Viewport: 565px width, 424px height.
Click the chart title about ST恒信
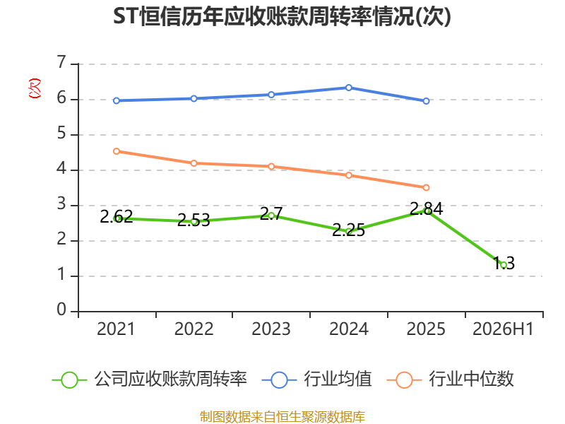(282, 16)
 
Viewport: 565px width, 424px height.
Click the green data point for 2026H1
(504, 266)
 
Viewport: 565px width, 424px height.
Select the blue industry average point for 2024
(349, 88)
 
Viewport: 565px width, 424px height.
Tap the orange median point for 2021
(117, 151)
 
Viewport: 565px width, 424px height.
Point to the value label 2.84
(427, 208)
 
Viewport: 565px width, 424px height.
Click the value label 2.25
(348, 230)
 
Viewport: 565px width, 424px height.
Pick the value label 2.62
(117, 217)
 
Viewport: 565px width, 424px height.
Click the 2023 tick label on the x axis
(271, 329)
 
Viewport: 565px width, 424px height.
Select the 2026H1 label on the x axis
(503, 329)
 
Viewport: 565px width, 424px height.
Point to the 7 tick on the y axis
(61, 63)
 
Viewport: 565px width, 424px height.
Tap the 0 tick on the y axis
(61, 310)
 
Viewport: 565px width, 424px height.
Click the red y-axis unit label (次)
(35, 88)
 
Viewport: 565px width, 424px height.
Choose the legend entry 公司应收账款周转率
(150, 379)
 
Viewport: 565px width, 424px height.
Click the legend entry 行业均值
(316, 379)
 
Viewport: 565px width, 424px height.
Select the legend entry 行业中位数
(450, 379)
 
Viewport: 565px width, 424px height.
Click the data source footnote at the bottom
(282, 417)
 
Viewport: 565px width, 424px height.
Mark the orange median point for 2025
(427, 187)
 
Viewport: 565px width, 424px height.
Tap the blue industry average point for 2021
(117, 100)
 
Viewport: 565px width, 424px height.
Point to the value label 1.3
(504, 263)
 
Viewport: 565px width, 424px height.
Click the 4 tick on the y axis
(61, 169)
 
